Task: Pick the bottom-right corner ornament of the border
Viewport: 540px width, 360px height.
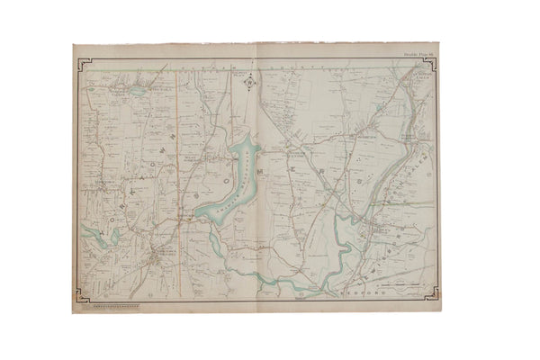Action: [433, 290]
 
